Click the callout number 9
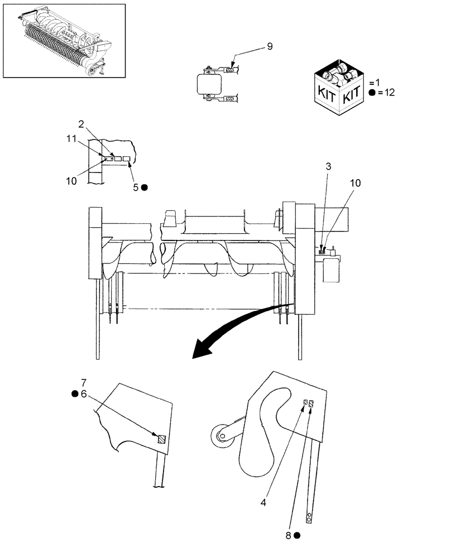point(270,46)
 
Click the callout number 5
point(135,188)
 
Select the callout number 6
point(84,393)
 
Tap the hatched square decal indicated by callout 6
point(161,439)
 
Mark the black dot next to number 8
point(298,535)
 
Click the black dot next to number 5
point(145,188)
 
